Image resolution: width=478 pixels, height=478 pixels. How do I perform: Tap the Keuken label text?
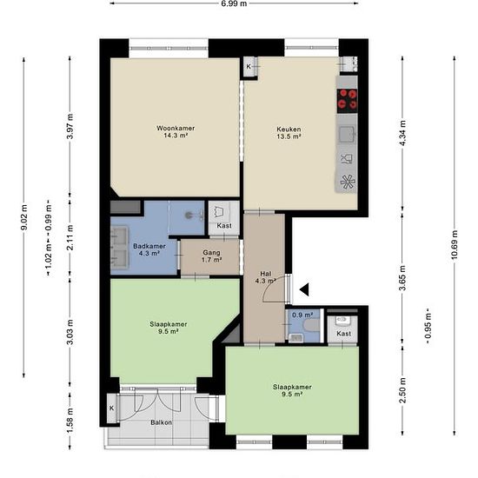pos(289,129)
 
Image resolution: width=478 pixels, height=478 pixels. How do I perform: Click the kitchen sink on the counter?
pos(348,134)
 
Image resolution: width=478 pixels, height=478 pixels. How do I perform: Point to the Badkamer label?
pos(149,246)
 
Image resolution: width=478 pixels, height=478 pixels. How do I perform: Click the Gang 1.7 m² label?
pos(211,256)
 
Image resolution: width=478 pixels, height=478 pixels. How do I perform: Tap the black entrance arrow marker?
pos(304,289)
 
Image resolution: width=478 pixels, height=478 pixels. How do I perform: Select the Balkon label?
pos(161,423)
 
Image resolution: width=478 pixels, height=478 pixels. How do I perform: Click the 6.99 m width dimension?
pos(234,3)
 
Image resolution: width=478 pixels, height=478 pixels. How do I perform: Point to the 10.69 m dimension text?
pos(455,244)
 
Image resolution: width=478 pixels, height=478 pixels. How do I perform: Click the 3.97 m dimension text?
pos(70,126)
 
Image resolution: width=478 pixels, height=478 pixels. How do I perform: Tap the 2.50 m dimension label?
pos(403,390)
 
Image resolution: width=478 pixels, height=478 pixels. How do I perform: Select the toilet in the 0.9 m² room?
pos(311,325)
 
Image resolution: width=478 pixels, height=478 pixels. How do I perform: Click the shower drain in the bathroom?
pos(189,215)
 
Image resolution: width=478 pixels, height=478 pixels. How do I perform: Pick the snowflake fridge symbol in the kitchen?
pos(348,182)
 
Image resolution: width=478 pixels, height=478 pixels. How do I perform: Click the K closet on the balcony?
pos(112,408)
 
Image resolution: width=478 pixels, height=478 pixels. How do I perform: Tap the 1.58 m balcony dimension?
pos(70,420)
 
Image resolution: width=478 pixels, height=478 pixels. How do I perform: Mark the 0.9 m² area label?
pos(302,315)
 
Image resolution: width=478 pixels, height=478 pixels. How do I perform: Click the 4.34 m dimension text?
pos(403,133)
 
